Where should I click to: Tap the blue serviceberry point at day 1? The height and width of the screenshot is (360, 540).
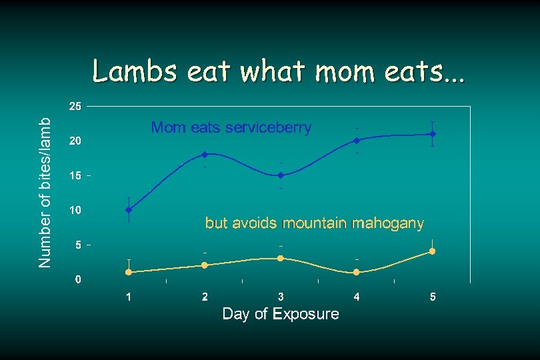[x=129, y=210]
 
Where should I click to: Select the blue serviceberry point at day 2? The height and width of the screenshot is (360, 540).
[x=205, y=155]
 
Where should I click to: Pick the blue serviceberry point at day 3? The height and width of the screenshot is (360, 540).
[x=281, y=175]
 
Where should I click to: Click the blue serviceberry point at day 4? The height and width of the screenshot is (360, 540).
[x=357, y=141]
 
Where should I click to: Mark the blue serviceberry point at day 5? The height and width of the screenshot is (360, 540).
[x=433, y=134]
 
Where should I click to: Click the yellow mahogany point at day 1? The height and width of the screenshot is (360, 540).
[x=129, y=272]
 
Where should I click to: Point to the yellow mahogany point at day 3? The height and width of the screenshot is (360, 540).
[x=281, y=258]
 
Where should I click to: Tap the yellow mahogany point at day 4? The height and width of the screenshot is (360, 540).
[x=357, y=272]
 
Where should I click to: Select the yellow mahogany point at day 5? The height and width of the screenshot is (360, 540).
[x=433, y=251]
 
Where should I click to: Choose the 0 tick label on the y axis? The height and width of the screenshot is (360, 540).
[x=78, y=279]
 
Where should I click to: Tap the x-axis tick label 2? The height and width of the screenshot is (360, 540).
[x=205, y=297]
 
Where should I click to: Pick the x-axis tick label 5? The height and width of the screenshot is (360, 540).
[x=433, y=297]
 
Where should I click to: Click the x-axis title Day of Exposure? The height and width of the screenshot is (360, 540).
[x=280, y=313]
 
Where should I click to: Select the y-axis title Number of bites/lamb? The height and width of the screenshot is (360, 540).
[x=45, y=193]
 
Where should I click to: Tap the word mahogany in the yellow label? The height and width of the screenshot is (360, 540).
[x=387, y=223]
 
